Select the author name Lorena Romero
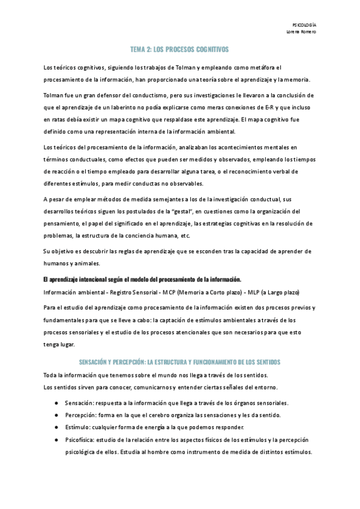302,31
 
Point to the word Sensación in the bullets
77,403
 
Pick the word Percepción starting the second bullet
78,415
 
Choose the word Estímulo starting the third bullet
76,427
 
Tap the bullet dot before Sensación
56,403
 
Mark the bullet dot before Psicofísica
56,439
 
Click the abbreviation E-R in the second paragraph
274,107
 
